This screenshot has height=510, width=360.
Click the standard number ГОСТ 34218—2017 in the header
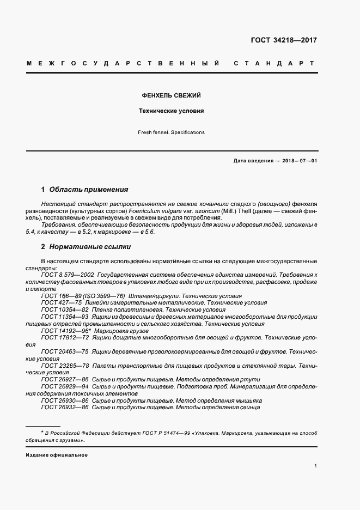click(284, 40)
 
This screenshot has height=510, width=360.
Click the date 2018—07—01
click(299, 161)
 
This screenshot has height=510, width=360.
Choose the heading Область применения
click(89, 190)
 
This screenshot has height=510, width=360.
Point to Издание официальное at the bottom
click(57, 454)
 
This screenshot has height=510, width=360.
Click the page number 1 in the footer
click(316, 466)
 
